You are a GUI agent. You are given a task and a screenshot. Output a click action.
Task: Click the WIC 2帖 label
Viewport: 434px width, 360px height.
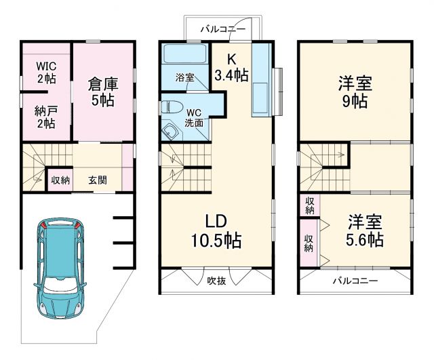pos(46,73)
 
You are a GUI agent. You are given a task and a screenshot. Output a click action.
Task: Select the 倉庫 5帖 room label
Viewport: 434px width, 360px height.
pos(102,92)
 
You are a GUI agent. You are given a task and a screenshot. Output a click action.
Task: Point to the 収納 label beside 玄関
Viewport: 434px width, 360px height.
pos(60,180)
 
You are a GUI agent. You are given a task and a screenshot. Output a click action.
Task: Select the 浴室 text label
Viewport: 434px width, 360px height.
pos(184,77)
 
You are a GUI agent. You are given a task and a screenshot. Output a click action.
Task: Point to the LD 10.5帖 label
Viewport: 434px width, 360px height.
pos(216,231)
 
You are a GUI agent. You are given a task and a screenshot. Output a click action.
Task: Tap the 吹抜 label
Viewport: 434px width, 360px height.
pos(216,280)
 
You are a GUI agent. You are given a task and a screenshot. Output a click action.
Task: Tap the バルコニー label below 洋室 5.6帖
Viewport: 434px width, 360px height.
pos(355,280)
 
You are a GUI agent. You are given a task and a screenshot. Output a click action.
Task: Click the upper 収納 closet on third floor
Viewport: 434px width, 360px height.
pos(309,205)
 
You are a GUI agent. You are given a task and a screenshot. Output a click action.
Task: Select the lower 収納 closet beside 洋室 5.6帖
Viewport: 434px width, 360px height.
pos(309,243)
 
